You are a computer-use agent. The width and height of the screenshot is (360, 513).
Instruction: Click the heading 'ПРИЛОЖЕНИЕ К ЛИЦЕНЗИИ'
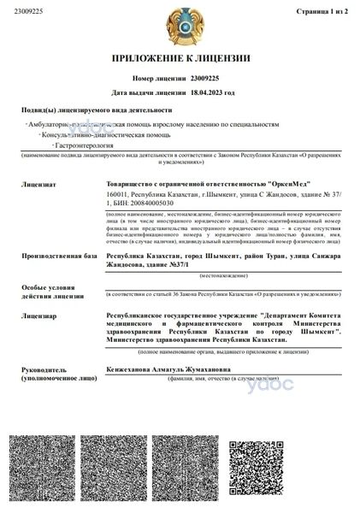(180, 58)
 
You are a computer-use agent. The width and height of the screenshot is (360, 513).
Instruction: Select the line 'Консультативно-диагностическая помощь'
(93, 135)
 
